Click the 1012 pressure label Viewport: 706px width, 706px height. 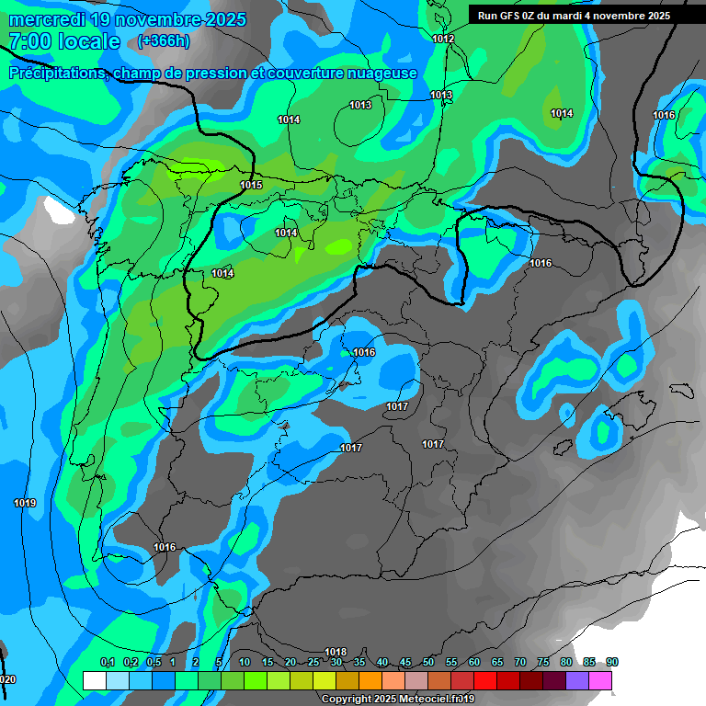coord(443,39)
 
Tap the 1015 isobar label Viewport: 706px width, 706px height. coord(251,186)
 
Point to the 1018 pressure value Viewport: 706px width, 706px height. coord(336,652)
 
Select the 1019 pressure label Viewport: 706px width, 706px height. coord(25,503)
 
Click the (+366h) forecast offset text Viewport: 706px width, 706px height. coord(165,41)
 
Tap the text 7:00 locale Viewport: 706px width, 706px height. coord(64,41)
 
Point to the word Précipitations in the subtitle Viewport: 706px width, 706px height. coord(56,74)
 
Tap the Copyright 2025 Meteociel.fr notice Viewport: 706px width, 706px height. coord(397,700)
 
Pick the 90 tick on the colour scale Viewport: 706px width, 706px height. coord(612,663)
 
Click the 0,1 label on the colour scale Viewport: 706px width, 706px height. coord(107,663)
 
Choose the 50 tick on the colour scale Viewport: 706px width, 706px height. coord(428,663)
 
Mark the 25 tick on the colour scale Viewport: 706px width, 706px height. coord(313,663)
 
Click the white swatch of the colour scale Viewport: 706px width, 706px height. coord(94,680)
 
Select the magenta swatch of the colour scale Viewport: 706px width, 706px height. coord(600,680)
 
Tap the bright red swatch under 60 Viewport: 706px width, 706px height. coord(485,680)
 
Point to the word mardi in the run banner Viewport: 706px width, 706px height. coord(566,16)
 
